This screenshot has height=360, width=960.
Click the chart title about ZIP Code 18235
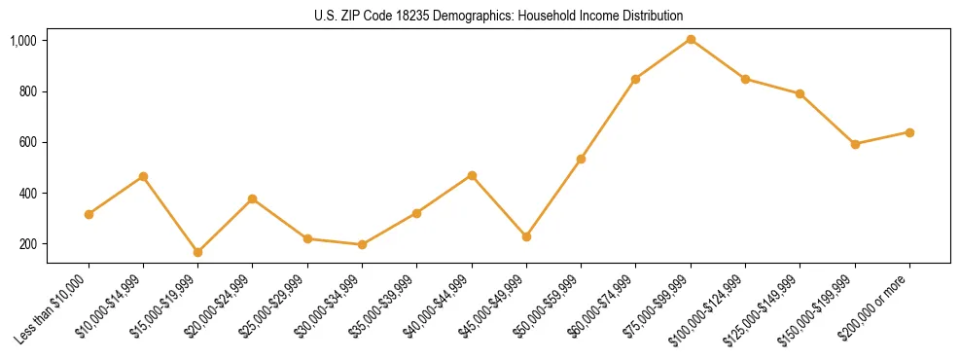(499, 16)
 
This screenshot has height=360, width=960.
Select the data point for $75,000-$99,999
(691, 40)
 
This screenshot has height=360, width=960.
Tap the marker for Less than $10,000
(89, 214)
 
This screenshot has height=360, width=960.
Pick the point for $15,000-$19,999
(198, 252)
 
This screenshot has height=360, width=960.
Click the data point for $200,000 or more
(909, 132)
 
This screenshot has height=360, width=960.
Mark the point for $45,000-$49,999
(526, 236)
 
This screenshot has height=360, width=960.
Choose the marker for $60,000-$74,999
(636, 79)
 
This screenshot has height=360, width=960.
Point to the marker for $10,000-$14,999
(144, 176)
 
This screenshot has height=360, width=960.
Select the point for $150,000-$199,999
(855, 144)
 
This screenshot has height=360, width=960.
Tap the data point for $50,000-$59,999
(581, 159)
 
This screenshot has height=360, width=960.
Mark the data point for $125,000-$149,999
(800, 94)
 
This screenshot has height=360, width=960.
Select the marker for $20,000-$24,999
(253, 199)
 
